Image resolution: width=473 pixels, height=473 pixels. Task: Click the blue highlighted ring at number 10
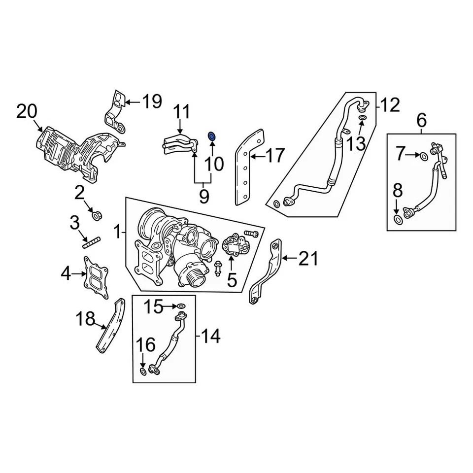(x=212, y=135)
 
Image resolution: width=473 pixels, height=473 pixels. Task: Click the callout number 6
(x=422, y=119)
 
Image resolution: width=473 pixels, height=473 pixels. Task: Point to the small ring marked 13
(x=362, y=119)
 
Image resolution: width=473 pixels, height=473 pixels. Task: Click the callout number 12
(x=390, y=104)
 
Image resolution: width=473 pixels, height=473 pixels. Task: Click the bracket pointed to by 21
(x=269, y=273)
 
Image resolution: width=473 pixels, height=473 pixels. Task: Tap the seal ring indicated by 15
(x=181, y=306)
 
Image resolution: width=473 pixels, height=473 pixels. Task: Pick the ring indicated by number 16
(x=143, y=371)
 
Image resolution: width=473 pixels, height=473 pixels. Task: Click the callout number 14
(x=209, y=337)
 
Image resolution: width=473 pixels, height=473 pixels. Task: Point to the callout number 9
(x=204, y=197)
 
